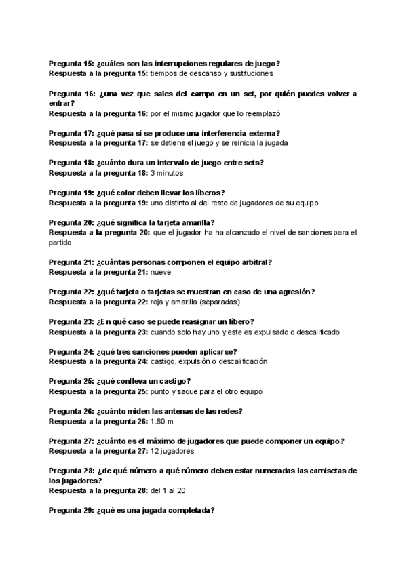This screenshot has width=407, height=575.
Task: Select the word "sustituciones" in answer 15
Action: [x=249, y=73]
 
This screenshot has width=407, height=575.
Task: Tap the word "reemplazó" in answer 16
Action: [x=261, y=114]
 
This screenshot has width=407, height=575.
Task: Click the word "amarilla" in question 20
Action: [x=192, y=222]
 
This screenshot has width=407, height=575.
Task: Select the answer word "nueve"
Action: [x=160, y=272]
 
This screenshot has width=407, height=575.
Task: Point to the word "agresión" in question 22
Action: [x=292, y=292]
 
